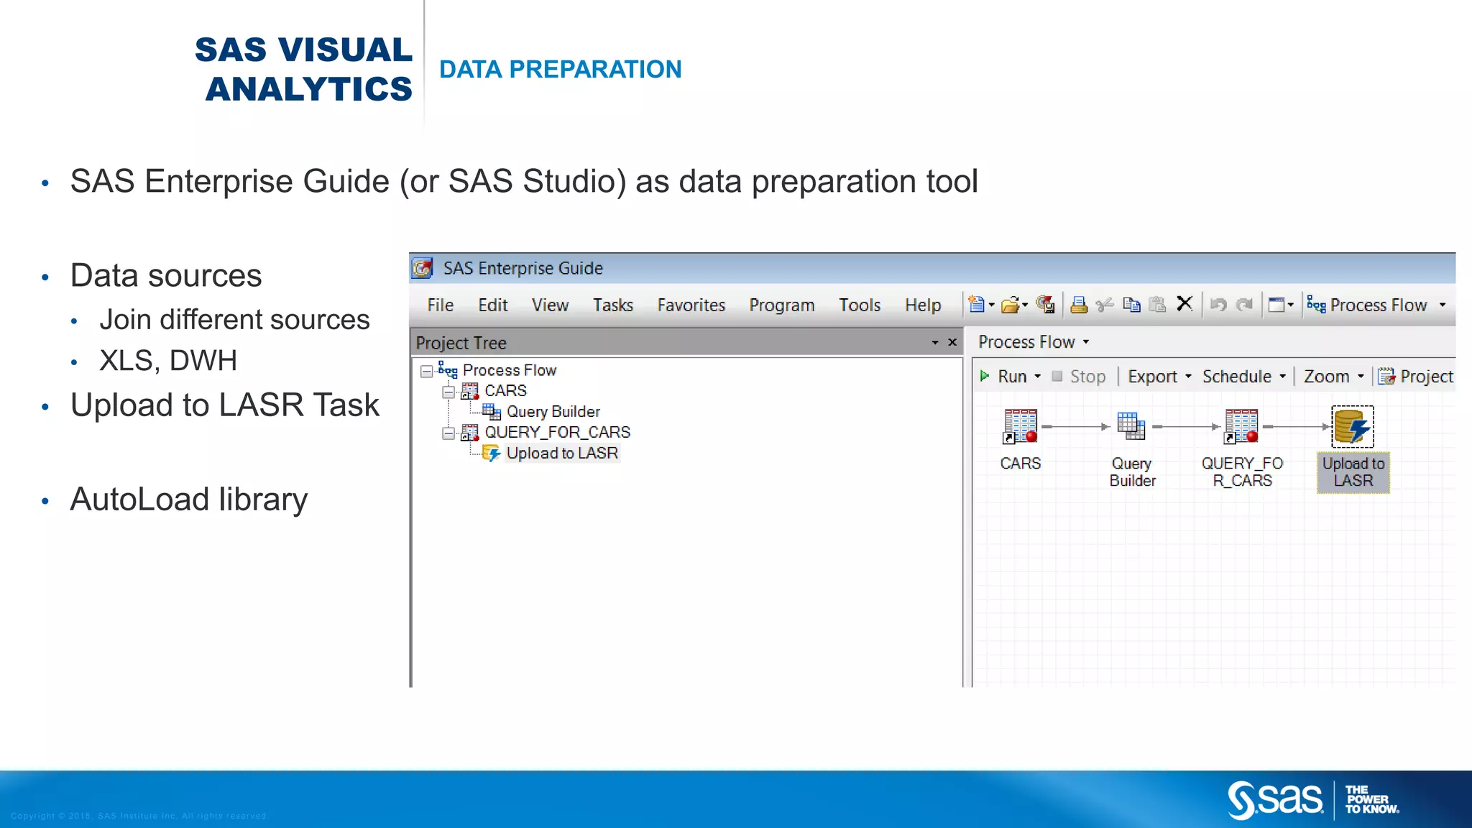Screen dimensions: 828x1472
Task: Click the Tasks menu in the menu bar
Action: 612,305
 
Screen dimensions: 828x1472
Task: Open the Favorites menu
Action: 691,305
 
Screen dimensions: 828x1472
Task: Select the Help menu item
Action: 922,305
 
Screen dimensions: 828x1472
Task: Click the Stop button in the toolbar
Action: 1079,377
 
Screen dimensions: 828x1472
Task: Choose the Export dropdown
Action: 1159,377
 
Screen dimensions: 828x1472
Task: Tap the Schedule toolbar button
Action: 1243,377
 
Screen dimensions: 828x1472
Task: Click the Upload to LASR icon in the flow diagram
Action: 1352,427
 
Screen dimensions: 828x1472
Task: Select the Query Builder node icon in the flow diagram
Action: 1131,427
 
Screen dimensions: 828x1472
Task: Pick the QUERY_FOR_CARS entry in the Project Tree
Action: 557,432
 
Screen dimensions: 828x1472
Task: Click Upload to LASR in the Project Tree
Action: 561,454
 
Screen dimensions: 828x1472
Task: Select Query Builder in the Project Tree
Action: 553,412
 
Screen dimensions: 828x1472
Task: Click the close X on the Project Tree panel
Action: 952,342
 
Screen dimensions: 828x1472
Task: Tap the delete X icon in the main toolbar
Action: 1184,304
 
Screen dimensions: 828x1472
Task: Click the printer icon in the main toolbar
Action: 1078,305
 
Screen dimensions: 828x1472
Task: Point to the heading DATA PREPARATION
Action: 560,69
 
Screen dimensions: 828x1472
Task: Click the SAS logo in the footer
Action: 1274,799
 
